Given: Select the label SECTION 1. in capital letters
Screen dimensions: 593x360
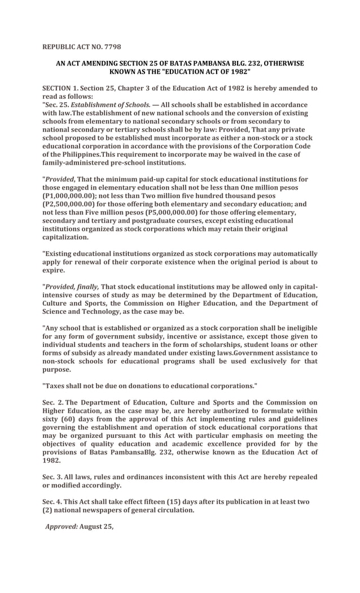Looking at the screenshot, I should tap(60, 89).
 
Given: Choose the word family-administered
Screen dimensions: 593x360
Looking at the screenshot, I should tap(79, 162).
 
